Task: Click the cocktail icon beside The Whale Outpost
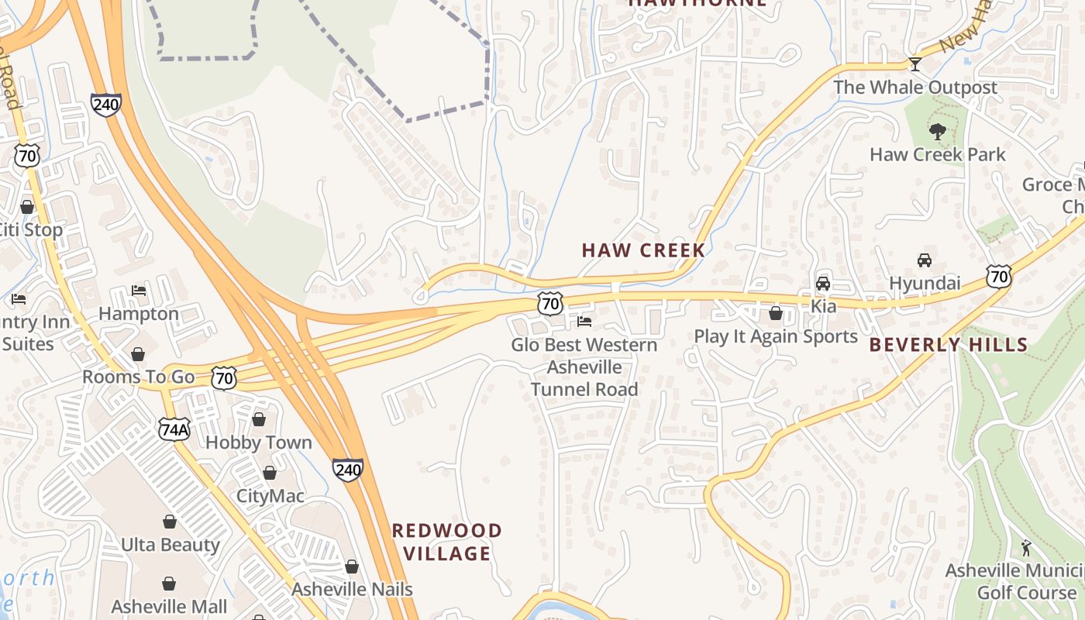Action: coord(914,64)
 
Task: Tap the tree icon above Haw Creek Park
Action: coord(937,131)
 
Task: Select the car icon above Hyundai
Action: coord(924,260)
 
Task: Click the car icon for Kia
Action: coord(823,283)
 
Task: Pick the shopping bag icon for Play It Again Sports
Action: coord(775,313)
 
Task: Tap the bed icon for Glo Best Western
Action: coord(584,321)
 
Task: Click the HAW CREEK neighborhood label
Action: coord(643,250)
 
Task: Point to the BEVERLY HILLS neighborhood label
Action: coord(948,345)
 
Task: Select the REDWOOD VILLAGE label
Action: coord(447,542)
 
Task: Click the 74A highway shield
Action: coord(174,429)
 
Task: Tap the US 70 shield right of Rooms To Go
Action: coord(224,378)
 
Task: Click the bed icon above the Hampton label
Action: coord(139,291)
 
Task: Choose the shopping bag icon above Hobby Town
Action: coord(258,419)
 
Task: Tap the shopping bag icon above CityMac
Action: coord(270,472)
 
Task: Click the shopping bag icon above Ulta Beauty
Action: coord(170,522)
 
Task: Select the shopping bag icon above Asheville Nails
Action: coord(352,567)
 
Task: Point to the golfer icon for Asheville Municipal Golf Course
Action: coord(1026,548)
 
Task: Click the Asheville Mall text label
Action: coord(169,606)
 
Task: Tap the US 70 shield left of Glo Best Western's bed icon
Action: coord(549,303)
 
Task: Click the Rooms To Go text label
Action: coord(138,377)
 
